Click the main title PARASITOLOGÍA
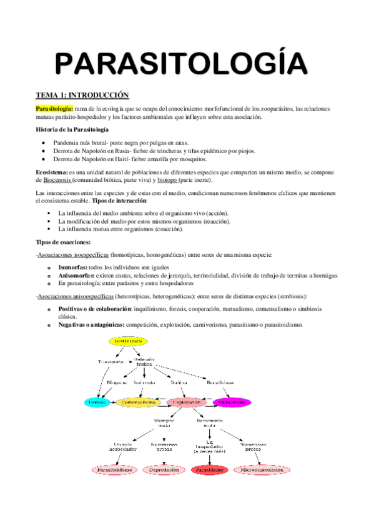[180, 64]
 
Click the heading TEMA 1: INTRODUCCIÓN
[82, 94]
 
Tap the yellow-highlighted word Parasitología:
[54, 108]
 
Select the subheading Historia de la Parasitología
[72, 129]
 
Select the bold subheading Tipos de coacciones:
[64, 242]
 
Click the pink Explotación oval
[186, 402]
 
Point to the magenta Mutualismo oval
[232, 402]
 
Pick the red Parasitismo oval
[209, 469]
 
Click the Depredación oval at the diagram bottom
[164, 469]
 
